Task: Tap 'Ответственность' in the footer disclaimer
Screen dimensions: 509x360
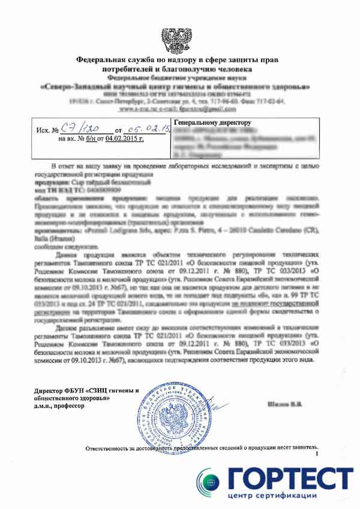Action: pos(112,448)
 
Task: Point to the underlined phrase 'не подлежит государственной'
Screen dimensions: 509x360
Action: pos(272,304)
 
